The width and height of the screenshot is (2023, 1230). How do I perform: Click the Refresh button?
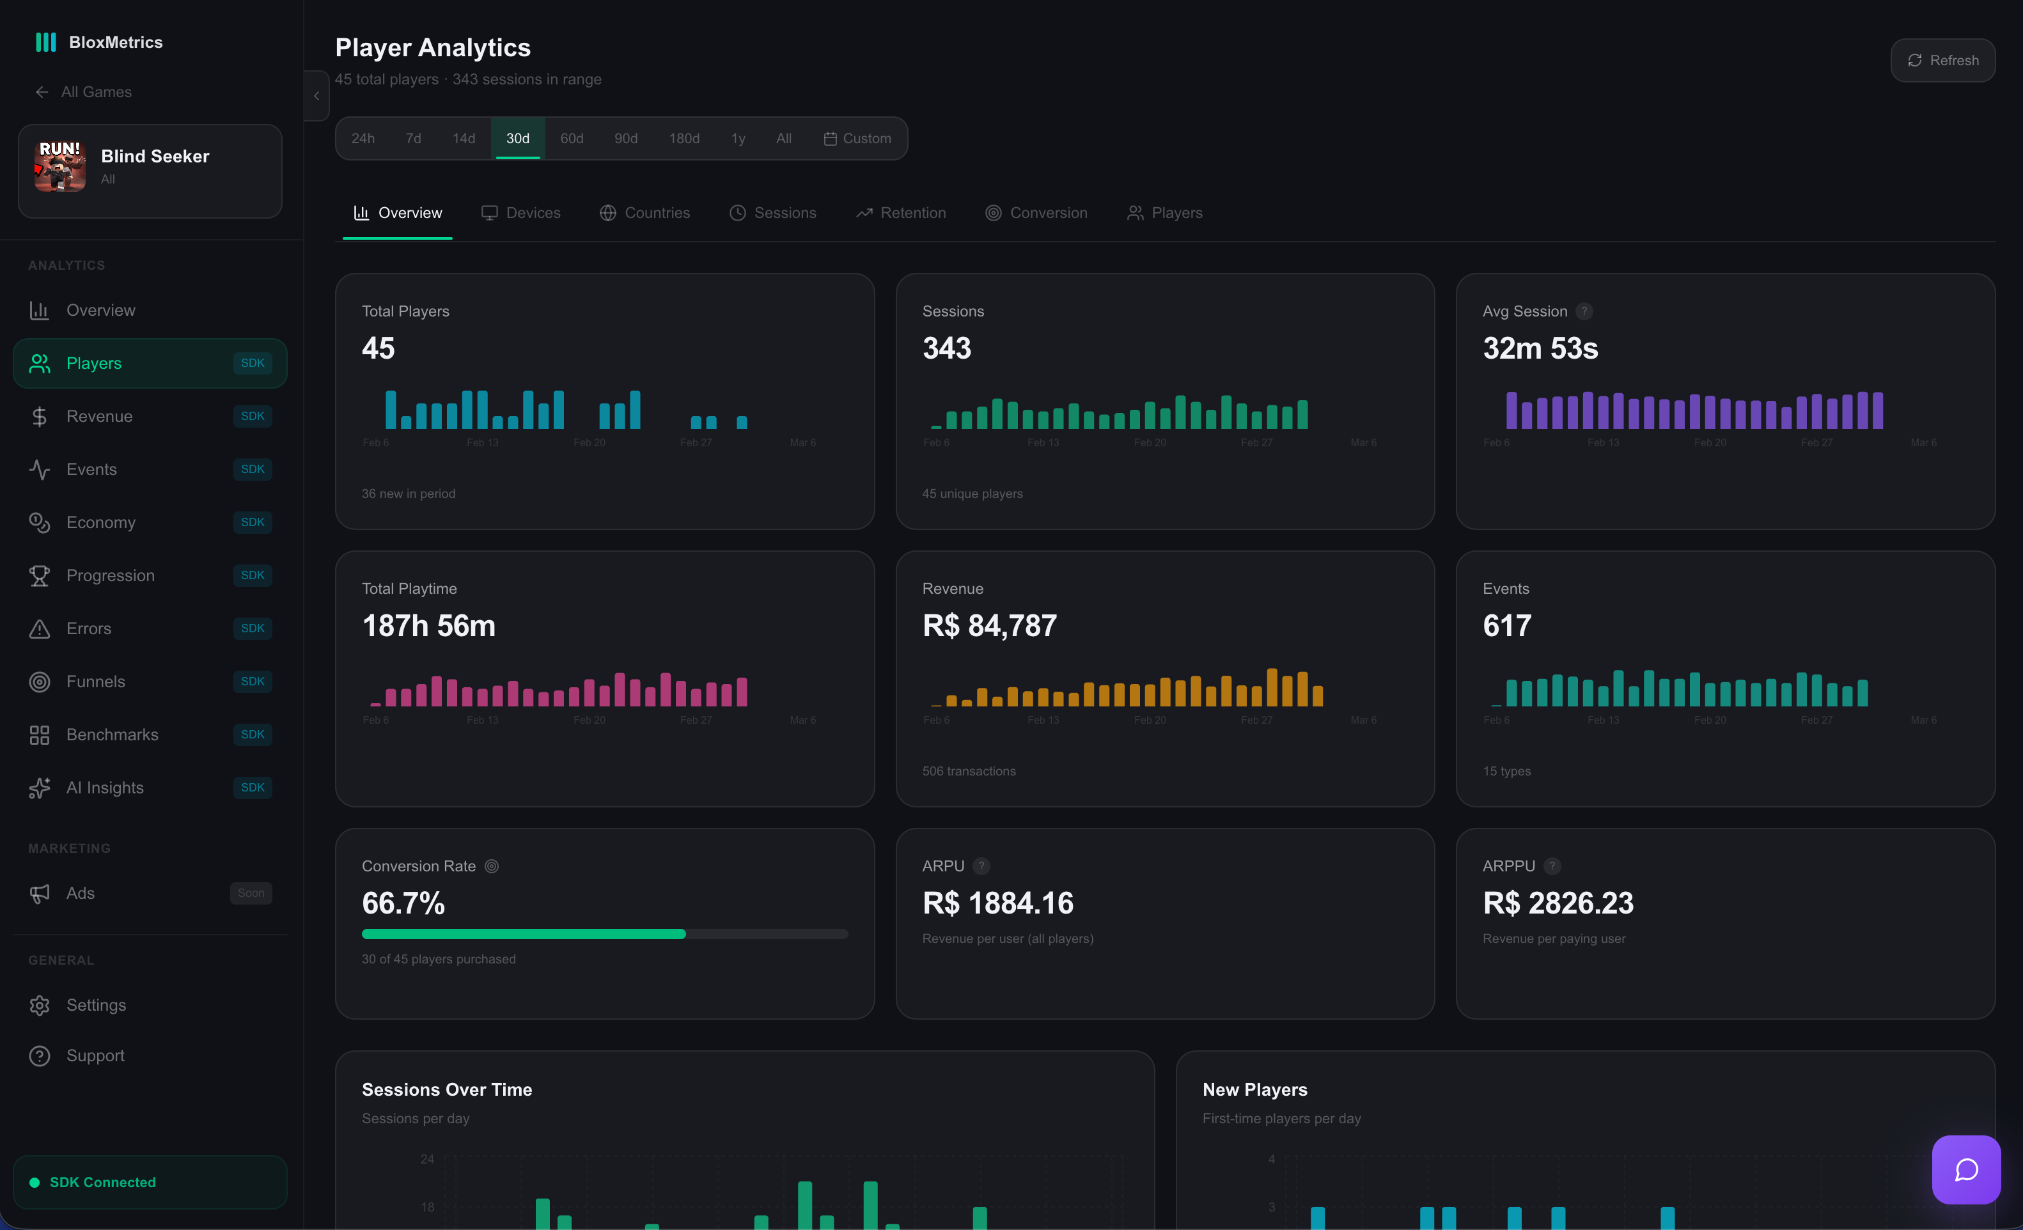click(x=1942, y=60)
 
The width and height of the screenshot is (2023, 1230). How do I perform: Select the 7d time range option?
click(x=413, y=138)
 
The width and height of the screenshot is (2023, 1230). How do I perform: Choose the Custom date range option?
click(x=857, y=138)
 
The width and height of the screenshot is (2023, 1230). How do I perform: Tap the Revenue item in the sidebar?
click(x=99, y=416)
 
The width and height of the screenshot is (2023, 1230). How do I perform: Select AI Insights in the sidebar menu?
click(x=105, y=788)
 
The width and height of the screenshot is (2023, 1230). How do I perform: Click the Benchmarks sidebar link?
click(x=112, y=734)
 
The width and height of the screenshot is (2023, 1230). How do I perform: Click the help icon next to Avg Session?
click(x=1584, y=311)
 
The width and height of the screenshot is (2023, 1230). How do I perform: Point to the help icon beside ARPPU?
click(x=1552, y=866)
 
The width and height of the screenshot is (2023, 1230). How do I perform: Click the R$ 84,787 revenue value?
click(x=989, y=626)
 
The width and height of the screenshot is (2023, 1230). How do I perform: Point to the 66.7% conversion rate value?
click(x=403, y=903)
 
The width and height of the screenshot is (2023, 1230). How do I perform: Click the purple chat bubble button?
click(x=1965, y=1169)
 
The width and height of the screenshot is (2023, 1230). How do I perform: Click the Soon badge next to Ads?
click(x=251, y=893)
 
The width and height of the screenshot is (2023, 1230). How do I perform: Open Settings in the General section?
click(x=96, y=1005)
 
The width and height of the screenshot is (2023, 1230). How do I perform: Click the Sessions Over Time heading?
click(x=447, y=1089)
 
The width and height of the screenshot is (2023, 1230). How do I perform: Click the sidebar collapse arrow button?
click(x=316, y=96)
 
